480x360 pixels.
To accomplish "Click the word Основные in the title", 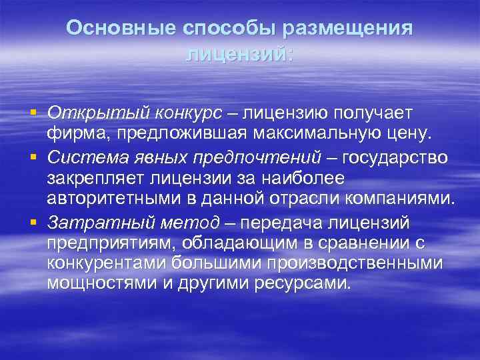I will [x=111, y=28].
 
